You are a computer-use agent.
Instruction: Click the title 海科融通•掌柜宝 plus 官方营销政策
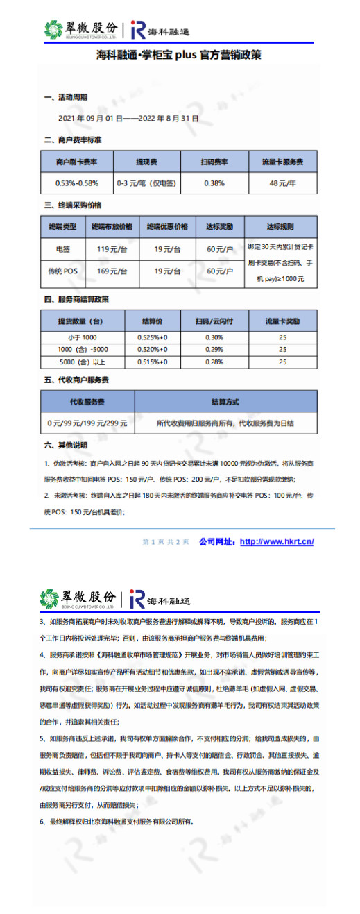pyautogui.click(x=179, y=54)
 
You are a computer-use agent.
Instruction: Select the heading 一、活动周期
pyautogui.click(x=66, y=97)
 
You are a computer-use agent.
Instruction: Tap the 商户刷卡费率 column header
pyautogui.click(x=76, y=162)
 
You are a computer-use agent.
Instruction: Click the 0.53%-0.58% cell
pyautogui.click(x=76, y=183)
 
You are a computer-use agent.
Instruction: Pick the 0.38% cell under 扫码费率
pyautogui.click(x=214, y=183)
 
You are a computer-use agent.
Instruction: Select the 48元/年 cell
pyautogui.click(x=282, y=183)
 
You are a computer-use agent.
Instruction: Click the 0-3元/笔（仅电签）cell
pyautogui.click(x=146, y=183)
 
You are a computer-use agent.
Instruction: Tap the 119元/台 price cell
pyautogui.click(x=112, y=248)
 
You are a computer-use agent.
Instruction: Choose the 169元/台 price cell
pyautogui.click(x=112, y=271)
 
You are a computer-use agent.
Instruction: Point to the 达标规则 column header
pyautogui.click(x=281, y=226)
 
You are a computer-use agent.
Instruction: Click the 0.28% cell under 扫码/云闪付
pyautogui.click(x=214, y=362)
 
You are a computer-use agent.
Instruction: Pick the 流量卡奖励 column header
pyautogui.click(x=282, y=321)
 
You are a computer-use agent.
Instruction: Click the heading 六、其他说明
pyautogui.click(x=66, y=444)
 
